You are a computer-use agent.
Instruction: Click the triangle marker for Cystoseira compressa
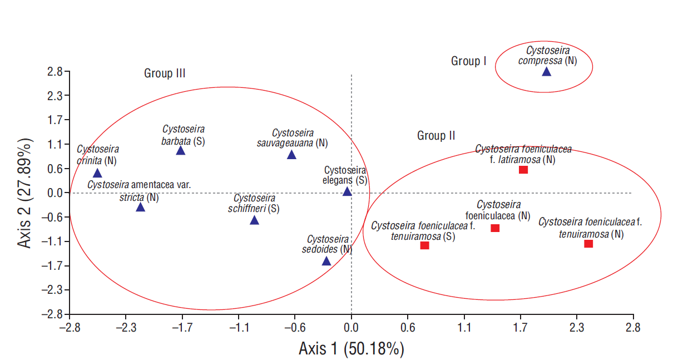tap(546, 72)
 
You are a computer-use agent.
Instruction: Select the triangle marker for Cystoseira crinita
tap(97, 174)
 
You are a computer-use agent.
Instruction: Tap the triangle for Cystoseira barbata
tap(181, 151)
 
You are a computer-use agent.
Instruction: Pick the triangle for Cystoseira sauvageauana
tap(291, 155)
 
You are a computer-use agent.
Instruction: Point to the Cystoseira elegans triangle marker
tap(347, 192)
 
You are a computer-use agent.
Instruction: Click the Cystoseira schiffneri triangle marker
tap(254, 220)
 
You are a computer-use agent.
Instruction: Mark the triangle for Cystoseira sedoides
tap(326, 262)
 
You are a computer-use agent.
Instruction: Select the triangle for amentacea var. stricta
tap(140, 208)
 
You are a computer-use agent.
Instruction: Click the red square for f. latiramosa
tap(523, 170)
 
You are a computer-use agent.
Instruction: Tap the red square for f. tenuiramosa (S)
tap(424, 245)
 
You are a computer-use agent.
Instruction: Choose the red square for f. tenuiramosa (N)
tap(588, 244)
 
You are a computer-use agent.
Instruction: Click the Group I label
tap(468, 61)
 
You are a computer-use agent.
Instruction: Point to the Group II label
tap(436, 136)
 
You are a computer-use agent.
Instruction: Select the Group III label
tap(165, 73)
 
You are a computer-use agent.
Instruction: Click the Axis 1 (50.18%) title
tap(351, 349)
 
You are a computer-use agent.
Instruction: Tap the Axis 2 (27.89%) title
tap(26, 193)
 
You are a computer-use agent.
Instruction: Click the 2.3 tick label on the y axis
tap(54, 96)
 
